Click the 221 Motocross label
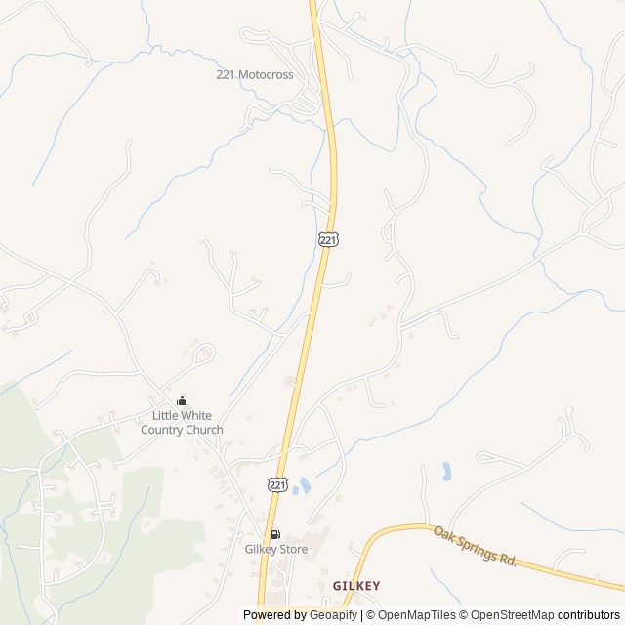pos(254,74)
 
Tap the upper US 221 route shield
pos(328,238)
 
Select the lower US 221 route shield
pos(277,484)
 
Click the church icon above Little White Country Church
pos(182,400)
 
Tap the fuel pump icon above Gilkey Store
pos(275,534)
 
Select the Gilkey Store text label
pos(275,549)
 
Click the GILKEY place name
pos(356,585)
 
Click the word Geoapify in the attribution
pos(332,615)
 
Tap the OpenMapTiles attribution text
pos(417,615)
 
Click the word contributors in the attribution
pos(589,615)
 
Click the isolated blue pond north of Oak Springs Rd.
pos(446,472)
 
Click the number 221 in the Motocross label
pos(227,74)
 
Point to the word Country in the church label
pos(162,430)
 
